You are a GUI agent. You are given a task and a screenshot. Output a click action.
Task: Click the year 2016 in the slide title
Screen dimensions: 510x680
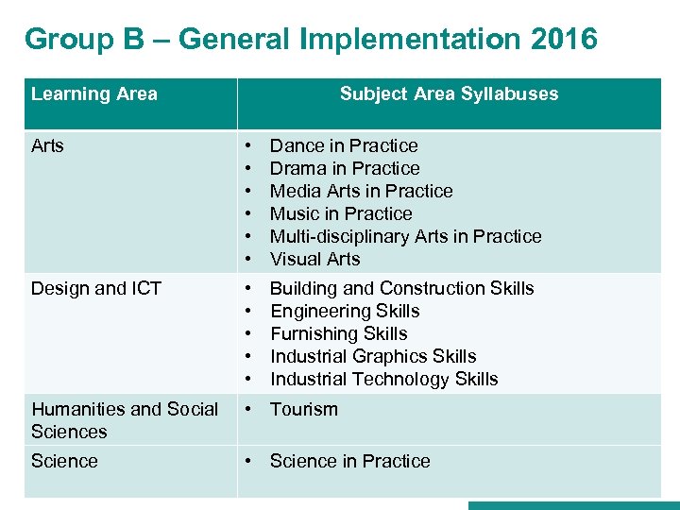(564, 39)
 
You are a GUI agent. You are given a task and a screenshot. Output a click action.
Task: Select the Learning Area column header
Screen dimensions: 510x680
(94, 93)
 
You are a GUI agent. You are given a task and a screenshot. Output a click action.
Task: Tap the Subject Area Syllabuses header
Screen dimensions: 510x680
(449, 93)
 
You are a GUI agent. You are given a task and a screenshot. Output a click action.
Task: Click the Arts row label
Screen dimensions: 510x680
(48, 145)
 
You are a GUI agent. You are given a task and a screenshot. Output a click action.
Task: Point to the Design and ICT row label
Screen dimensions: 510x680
(96, 288)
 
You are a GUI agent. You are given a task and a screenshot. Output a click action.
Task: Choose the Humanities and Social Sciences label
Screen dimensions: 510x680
(125, 420)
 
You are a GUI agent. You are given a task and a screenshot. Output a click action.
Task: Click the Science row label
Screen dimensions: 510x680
(64, 461)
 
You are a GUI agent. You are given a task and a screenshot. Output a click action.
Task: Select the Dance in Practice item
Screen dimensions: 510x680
(344, 145)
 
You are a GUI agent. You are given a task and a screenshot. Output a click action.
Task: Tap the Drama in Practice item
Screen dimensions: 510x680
(345, 168)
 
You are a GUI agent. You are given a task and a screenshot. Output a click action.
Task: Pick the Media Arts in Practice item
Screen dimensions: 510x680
(362, 191)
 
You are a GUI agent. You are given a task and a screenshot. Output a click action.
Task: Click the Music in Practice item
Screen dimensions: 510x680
(341, 213)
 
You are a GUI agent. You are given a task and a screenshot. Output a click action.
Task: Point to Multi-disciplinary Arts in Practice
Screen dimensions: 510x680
(406, 236)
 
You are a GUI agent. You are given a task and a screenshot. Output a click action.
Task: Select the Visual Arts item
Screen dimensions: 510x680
(315, 259)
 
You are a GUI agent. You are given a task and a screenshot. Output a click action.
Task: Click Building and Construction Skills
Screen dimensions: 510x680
(402, 288)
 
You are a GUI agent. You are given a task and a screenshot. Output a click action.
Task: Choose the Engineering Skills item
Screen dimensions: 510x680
(345, 311)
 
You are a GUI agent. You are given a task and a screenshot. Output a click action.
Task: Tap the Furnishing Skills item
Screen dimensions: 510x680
(339, 333)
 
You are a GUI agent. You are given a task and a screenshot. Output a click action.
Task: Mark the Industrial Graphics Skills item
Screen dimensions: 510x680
(373, 356)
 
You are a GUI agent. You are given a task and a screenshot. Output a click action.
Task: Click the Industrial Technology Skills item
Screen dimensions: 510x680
(384, 379)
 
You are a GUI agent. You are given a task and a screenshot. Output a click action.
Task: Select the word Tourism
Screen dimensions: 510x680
(304, 409)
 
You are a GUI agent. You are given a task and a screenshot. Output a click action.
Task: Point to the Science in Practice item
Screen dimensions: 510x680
(350, 461)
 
